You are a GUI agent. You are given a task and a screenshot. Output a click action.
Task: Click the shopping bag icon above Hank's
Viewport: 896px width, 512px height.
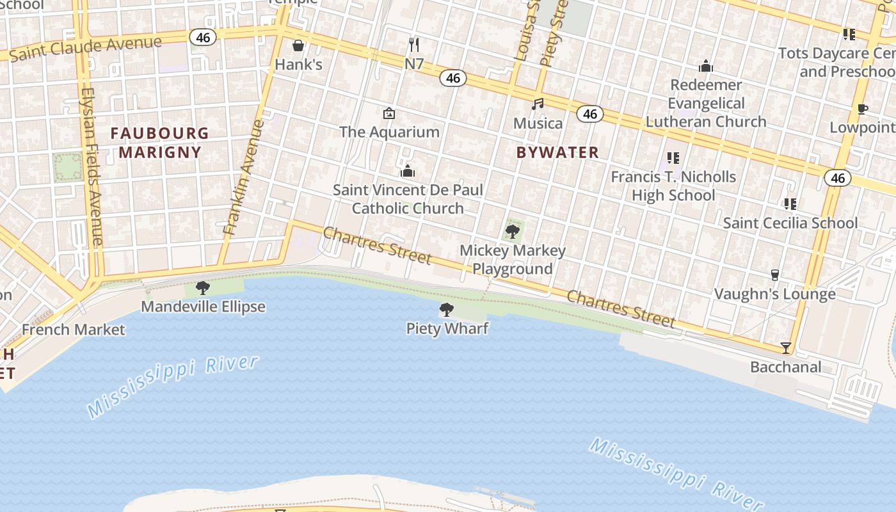(298, 45)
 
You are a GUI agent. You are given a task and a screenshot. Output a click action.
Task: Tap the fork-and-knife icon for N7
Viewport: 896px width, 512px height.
(414, 44)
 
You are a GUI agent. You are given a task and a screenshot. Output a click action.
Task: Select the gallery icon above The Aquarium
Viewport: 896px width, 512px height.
(388, 113)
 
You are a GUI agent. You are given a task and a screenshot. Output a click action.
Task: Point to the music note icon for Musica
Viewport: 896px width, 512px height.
(538, 104)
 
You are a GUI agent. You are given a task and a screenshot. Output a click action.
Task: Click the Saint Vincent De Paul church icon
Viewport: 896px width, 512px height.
(408, 171)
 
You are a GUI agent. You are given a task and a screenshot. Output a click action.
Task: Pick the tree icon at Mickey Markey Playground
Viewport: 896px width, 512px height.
(512, 232)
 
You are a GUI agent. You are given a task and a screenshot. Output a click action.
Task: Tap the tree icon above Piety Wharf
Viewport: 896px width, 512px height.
(447, 310)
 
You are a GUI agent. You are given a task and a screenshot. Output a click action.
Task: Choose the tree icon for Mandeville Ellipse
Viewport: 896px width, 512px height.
(203, 288)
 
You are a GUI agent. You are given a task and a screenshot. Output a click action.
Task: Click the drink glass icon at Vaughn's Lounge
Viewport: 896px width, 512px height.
(775, 275)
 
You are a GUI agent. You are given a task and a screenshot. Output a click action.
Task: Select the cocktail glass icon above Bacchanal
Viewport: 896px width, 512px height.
(786, 348)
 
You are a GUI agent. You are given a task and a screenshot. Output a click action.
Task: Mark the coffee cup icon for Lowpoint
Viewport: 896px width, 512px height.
(862, 109)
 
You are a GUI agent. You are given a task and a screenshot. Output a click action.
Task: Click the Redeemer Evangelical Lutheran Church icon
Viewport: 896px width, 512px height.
(706, 66)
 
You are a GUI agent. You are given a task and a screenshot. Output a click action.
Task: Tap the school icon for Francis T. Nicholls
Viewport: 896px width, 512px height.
(673, 157)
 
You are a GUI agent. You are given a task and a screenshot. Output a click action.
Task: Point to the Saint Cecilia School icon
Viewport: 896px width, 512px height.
(790, 204)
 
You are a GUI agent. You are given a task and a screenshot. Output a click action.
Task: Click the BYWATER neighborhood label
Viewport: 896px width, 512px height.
(557, 152)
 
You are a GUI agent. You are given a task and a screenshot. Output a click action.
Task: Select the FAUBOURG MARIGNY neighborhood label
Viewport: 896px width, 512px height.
(160, 143)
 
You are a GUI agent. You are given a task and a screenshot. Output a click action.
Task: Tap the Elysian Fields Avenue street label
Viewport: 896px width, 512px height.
(92, 166)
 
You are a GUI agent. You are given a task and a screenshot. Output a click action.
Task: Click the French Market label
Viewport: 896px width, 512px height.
(74, 330)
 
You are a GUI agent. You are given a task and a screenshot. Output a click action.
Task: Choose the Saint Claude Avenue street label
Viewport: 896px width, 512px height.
(86, 49)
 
